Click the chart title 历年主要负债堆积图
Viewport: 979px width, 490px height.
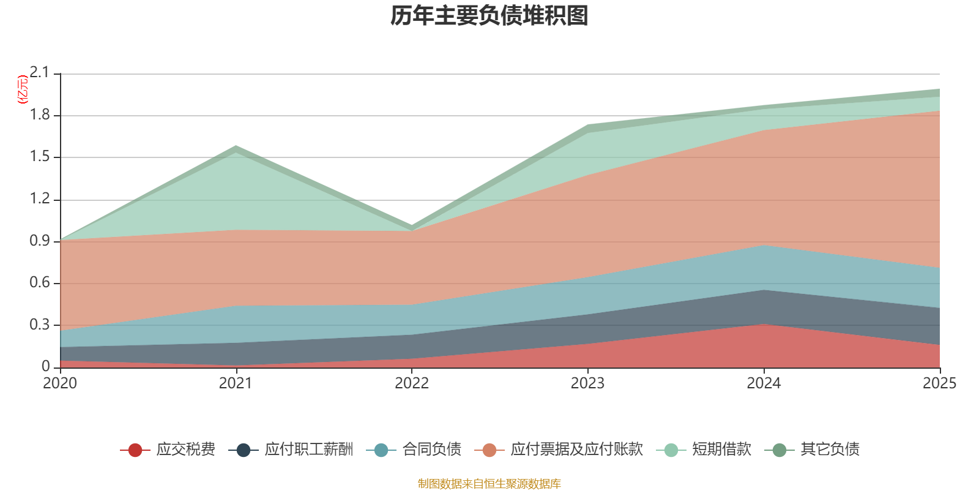click(489, 16)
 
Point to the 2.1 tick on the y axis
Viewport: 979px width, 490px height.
click(39, 73)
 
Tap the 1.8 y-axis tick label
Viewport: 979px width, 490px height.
click(39, 115)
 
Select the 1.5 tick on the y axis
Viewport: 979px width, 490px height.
click(39, 157)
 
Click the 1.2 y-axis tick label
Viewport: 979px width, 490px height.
click(39, 199)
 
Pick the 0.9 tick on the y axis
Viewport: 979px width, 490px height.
click(39, 241)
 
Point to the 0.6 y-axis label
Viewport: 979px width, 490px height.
click(39, 283)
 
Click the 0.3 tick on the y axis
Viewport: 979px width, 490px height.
click(39, 325)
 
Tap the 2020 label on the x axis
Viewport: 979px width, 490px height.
click(60, 383)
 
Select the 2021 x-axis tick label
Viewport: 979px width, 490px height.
click(236, 383)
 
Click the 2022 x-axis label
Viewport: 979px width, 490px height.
click(412, 383)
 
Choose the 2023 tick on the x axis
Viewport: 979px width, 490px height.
click(587, 383)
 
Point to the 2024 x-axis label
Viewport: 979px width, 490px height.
click(764, 383)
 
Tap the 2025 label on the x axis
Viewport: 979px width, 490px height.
click(939, 383)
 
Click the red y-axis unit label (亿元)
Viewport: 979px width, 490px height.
click(23, 89)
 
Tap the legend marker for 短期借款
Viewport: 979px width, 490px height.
click(671, 450)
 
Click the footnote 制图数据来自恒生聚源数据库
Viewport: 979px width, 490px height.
click(489, 484)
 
